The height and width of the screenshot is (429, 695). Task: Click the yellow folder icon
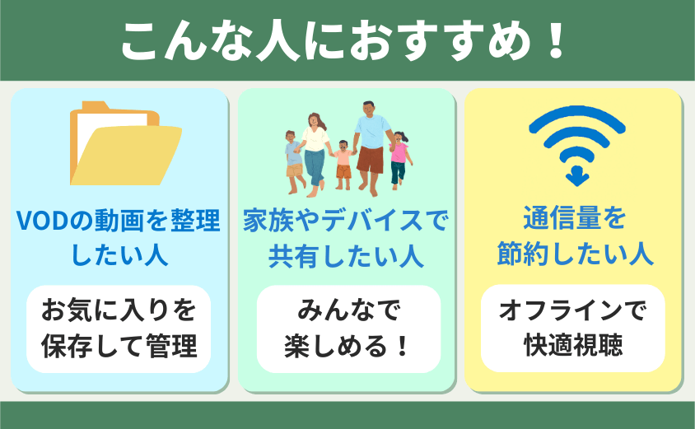point(125,144)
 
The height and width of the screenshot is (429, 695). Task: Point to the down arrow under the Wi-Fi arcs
point(576,176)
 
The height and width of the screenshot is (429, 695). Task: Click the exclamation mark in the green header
point(555,41)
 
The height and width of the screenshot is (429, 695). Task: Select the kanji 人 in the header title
point(278,41)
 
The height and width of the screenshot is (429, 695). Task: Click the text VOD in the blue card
point(43,221)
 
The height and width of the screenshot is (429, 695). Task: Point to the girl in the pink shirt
point(399,161)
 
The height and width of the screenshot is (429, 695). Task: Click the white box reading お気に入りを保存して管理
point(119,329)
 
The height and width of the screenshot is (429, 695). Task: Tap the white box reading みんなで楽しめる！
point(348,329)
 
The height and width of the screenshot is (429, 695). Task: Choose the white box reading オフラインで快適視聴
point(572,328)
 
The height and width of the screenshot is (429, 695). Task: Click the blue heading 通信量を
point(575,218)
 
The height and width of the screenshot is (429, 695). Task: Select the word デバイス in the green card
point(373,220)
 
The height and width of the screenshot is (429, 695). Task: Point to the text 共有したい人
point(346,256)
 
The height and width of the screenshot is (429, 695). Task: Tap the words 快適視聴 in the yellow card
point(574,345)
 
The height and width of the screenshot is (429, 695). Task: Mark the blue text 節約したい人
point(576,254)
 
